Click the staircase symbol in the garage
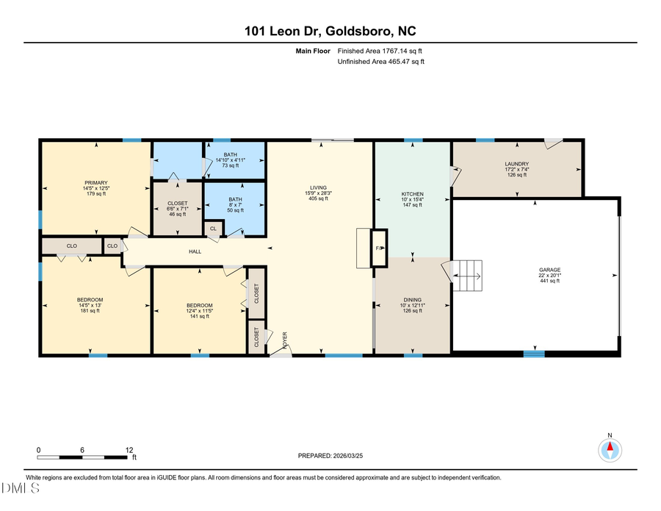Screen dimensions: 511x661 click(465, 276)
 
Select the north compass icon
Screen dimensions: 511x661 click(610, 449)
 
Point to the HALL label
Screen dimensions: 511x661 click(195, 251)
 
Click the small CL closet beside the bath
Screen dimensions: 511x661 click(213, 229)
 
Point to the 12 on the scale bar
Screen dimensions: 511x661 click(129, 450)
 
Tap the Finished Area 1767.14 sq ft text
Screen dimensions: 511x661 click(380, 51)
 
